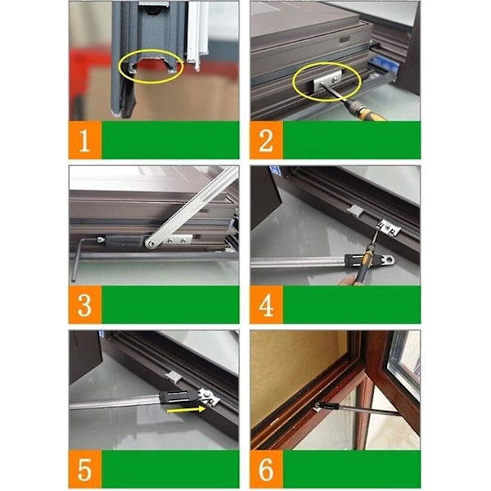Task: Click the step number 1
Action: pos(84,141)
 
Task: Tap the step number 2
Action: pos(266,141)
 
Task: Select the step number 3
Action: pos(84,305)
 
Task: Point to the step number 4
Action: pos(266,305)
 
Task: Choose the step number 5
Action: pos(84,470)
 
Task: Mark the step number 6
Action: pos(266,470)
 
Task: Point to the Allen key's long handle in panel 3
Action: pos(74,260)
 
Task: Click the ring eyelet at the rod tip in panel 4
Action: pos(390,259)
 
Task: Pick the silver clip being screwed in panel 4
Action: pos(390,227)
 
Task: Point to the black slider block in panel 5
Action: pos(179,396)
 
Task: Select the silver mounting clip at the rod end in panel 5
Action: pos(209,397)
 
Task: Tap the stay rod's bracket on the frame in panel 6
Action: pos(318,407)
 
